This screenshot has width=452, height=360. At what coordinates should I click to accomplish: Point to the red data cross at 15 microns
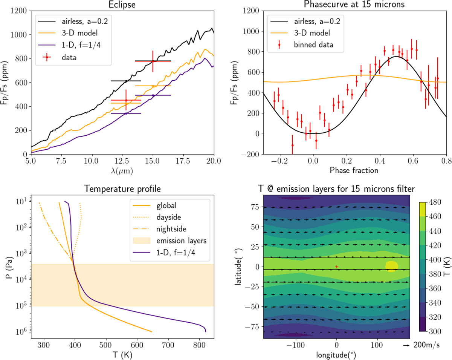(x=153, y=61)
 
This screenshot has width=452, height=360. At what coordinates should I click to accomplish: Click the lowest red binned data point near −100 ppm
(x=292, y=145)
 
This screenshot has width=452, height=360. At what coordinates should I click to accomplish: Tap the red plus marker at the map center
(x=337, y=267)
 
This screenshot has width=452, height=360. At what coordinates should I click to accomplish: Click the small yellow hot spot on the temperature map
(x=391, y=266)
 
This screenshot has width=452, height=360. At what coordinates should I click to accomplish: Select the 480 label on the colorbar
(x=438, y=202)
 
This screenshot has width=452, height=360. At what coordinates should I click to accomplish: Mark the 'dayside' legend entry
(x=166, y=217)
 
